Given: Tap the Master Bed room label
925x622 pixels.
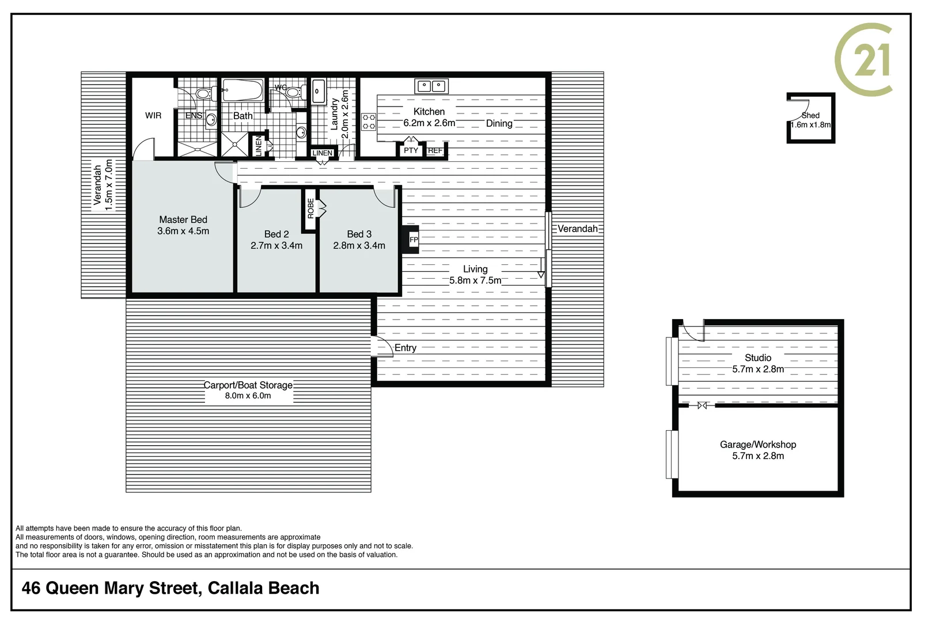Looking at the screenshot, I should click(183, 219).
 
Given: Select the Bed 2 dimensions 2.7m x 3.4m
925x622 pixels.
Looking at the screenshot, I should click(276, 245).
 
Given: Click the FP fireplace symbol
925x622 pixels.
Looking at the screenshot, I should click(412, 240).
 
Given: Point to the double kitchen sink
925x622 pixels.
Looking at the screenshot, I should click(431, 86).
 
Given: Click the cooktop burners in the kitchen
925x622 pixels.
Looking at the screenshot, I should click(369, 122).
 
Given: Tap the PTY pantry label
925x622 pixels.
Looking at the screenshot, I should click(411, 150).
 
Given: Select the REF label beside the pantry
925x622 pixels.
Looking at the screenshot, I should click(435, 150).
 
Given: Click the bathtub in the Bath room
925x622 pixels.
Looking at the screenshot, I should click(243, 90).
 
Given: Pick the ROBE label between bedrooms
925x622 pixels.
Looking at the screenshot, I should click(310, 208).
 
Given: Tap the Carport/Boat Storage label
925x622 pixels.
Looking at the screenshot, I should click(248, 385).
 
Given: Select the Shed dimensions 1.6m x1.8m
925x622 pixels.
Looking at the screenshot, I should click(810, 124).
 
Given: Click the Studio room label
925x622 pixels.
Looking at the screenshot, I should click(757, 358).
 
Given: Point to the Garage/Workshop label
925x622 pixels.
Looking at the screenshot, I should click(757, 444).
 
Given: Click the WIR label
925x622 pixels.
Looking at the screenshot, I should click(153, 115).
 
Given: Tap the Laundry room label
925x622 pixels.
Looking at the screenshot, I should click(335, 113).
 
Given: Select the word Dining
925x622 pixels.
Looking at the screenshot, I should click(499, 123).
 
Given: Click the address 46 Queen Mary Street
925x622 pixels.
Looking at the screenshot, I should click(111, 588).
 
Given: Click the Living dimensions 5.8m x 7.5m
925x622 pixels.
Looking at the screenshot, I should click(475, 280).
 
